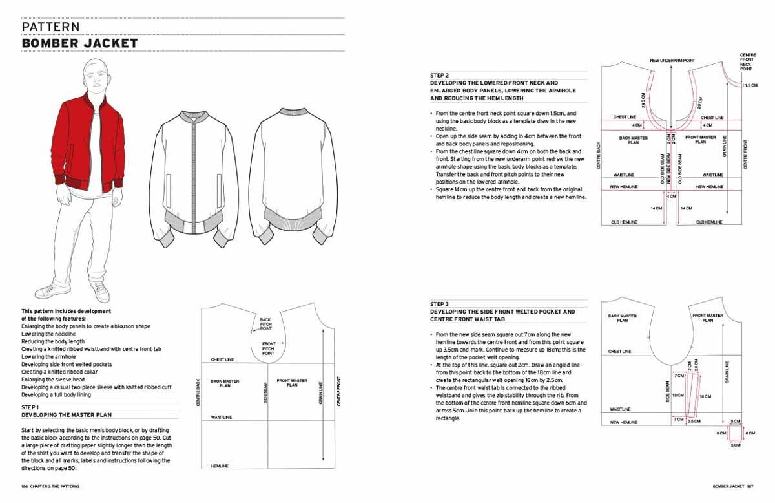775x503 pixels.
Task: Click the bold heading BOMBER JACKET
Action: point(79,43)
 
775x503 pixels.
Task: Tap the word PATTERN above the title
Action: point(50,27)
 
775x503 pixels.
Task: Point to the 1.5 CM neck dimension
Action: point(751,85)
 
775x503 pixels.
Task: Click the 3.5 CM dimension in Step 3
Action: point(694,420)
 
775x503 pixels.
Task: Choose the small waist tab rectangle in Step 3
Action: point(735,433)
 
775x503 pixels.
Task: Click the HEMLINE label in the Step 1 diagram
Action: point(220,466)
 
